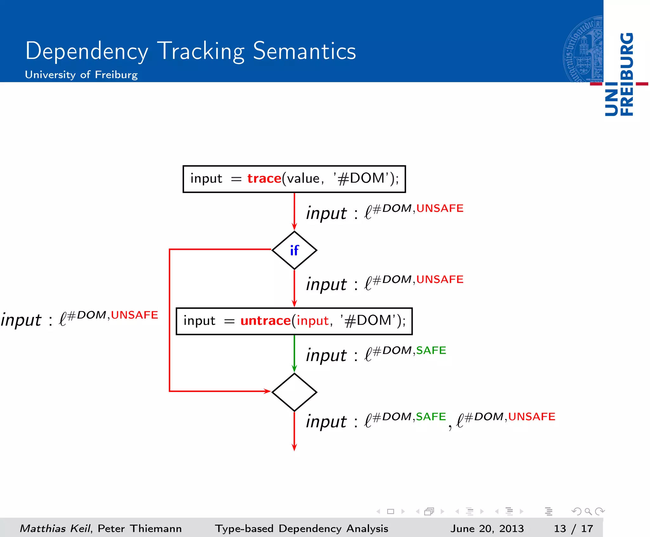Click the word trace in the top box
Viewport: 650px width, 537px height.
(x=264, y=178)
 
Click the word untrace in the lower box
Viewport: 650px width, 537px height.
(x=265, y=321)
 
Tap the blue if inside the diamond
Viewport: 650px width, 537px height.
(x=294, y=251)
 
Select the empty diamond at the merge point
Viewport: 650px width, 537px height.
(x=294, y=392)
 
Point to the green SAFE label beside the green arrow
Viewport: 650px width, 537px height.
(x=431, y=350)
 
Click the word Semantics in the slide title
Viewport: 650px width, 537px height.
(x=304, y=51)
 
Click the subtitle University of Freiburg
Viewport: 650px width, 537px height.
(x=81, y=75)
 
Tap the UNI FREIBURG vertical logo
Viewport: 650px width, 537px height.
(x=619, y=75)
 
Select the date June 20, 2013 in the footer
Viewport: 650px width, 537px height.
(x=487, y=528)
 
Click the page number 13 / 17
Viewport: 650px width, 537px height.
(x=573, y=528)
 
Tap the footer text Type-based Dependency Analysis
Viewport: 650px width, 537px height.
(x=302, y=528)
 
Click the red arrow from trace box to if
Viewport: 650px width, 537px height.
(x=294, y=211)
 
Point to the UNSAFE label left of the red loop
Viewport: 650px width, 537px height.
(x=134, y=315)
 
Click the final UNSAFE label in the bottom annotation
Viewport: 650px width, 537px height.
(x=532, y=416)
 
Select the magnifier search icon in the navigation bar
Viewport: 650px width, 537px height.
(x=588, y=511)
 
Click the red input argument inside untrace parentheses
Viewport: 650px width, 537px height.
(x=312, y=321)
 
